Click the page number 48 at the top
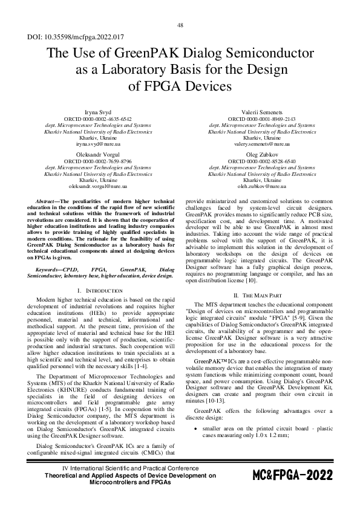click(x=180, y=25)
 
